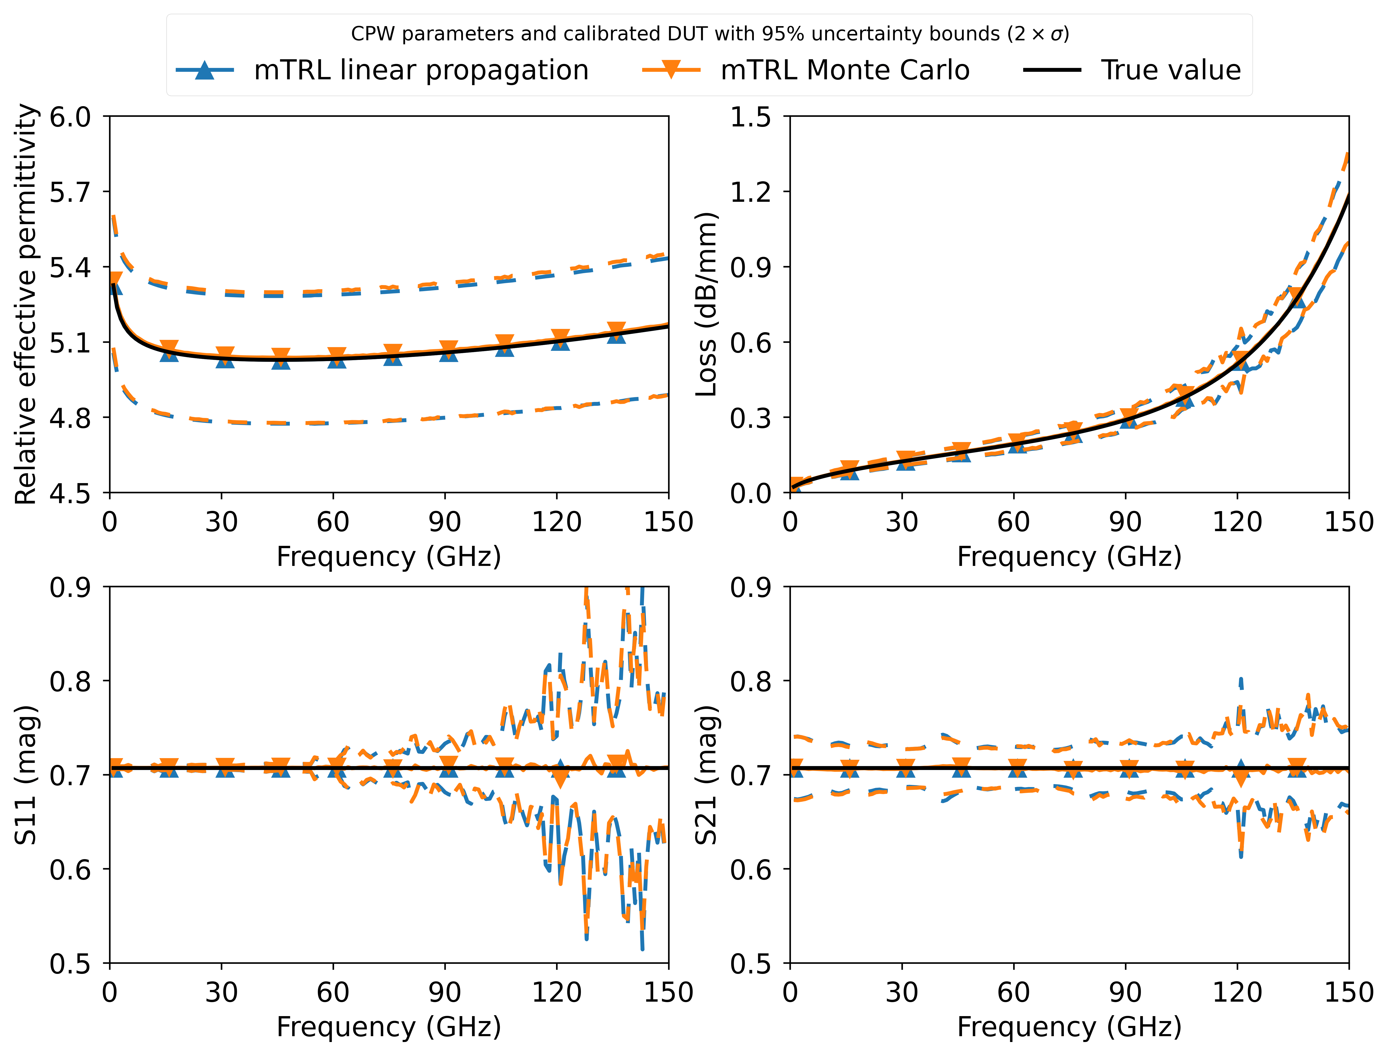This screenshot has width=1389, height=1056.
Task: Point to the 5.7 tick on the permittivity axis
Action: pyautogui.click(x=70, y=192)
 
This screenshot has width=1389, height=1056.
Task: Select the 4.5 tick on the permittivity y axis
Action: pyautogui.click(x=70, y=493)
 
